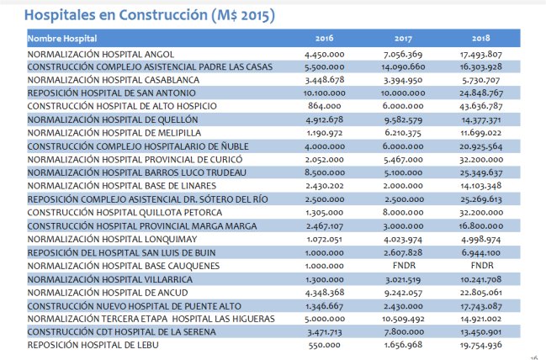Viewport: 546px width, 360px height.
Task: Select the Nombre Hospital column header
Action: (62, 40)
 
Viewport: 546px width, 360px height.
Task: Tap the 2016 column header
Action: (324, 40)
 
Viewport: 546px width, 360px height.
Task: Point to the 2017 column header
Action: (402, 40)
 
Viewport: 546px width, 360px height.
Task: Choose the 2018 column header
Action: (481, 40)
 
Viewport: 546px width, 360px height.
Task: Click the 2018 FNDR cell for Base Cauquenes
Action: (481, 266)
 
